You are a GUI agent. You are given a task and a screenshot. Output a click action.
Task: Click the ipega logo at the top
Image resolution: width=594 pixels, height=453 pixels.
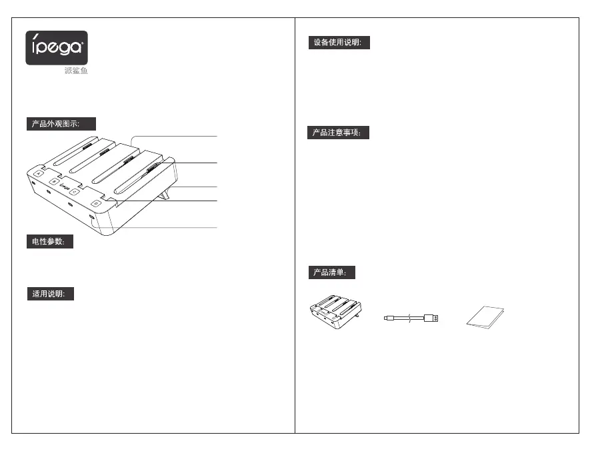pyautogui.click(x=57, y=48)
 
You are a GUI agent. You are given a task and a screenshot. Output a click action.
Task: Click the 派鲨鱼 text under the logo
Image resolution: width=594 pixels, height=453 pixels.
pyautogui.click(x=75, y=71)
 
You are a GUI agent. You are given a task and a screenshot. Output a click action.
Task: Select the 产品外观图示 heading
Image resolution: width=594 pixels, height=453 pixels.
pyautogui.click(x=61, y=124)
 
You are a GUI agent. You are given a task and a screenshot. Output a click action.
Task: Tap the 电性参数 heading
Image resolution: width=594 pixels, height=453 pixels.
pyautogui.click(x=49, y=242)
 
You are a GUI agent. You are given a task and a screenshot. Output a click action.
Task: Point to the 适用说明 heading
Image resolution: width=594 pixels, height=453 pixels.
pyautogui.click(x=49, y=294)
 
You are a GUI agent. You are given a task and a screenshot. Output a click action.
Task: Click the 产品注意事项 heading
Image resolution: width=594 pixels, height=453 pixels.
pyautogui.click(x=338, y=133)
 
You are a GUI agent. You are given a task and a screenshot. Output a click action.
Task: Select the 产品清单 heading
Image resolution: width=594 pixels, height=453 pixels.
pyautogui.click(x=331, y=272)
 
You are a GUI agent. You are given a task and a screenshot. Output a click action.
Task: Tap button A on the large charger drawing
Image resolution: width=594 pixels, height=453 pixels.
pyautogui.click(x=39, y=173)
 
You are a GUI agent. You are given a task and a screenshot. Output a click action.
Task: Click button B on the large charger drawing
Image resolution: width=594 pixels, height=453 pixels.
pyautogui.click(x=55, y=181)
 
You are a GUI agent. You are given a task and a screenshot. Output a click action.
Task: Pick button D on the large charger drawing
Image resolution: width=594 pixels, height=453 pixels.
pyautogui.click(x=97, y=202)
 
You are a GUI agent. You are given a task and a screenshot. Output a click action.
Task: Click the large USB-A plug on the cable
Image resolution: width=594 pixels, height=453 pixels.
pyautogui.click(x=432, y=318)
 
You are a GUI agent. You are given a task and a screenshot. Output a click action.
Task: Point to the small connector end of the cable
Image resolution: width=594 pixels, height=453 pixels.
pyautogui.click(x=389, y=318)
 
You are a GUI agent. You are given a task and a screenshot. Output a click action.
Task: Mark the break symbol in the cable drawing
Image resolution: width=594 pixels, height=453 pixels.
pyautogui.click(x=409, y=318)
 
